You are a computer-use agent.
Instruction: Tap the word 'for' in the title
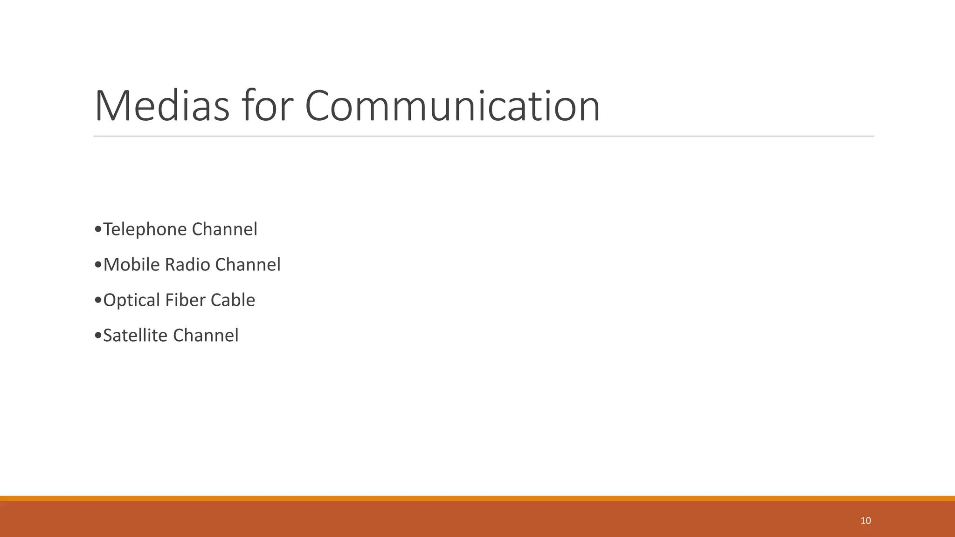267,106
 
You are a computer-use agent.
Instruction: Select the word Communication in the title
452,106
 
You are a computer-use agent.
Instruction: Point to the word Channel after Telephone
224,229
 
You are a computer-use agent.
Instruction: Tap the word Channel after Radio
248,265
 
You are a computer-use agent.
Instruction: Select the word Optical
132,300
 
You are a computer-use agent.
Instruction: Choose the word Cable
233,300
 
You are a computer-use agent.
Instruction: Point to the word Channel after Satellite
206,336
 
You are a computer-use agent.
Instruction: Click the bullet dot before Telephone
97,229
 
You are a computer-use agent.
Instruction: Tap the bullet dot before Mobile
97,265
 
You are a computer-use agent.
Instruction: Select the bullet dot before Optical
97,300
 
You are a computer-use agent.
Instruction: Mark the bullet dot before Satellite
97,336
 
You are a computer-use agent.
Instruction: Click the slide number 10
865,521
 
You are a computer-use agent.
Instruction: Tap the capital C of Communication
320,106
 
